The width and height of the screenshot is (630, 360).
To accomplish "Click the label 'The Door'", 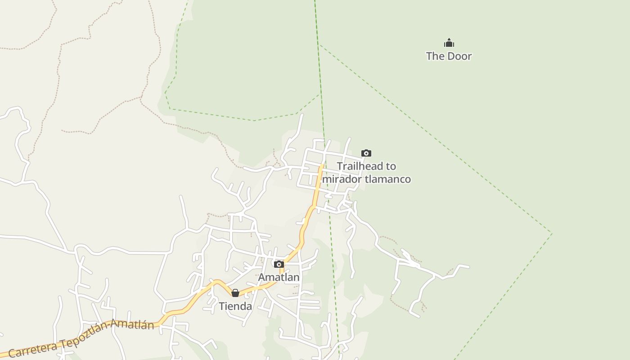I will click(449, 56).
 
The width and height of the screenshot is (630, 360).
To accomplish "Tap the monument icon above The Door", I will click(449, 43).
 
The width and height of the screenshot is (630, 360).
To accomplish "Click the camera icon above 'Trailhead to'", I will click(366, 153).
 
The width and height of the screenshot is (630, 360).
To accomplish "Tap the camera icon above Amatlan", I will click(279, 264).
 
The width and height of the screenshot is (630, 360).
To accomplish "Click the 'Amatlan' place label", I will click(279, 277).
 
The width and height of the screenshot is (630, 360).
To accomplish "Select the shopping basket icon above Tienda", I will click(235, 293).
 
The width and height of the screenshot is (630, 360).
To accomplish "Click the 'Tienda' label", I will click(235, 306).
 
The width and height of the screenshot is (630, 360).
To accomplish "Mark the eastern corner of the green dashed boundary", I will click(552, 233).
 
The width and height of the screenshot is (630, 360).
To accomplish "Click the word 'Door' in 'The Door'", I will click(459, 56).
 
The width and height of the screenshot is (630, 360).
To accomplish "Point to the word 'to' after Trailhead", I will click(391, 166).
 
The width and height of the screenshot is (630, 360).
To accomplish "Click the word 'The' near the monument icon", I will click(435, 56).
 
